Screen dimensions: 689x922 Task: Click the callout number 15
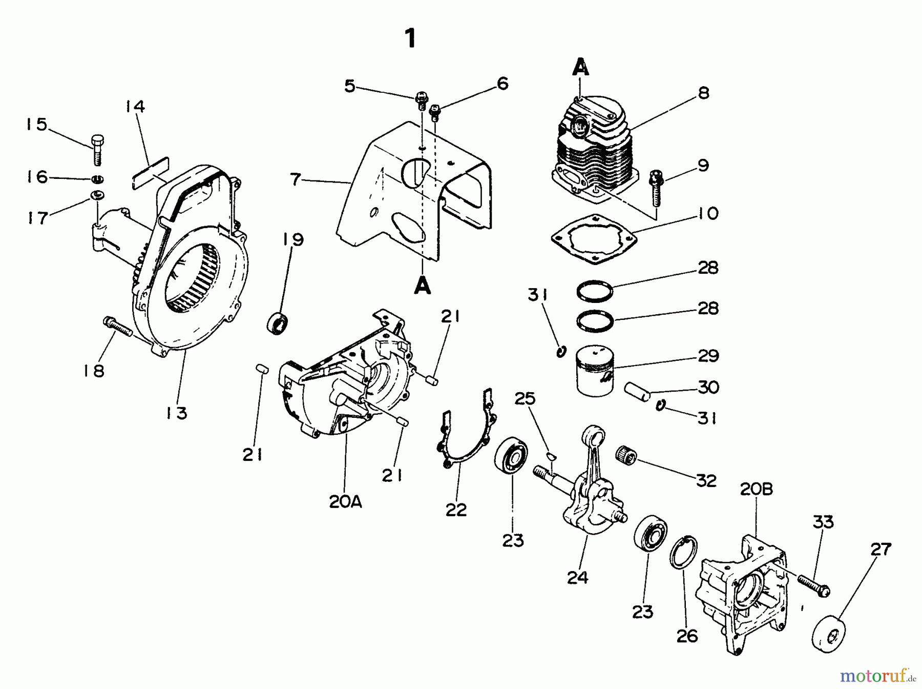pyautogui.click(x=36, y=125)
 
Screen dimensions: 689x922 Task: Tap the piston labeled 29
pyautogui.click(x=594, y=371)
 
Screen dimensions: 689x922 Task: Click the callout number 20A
pyautogui.click(x=345, y=501)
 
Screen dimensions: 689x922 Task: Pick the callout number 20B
pyautogui.click(x=756, y=489)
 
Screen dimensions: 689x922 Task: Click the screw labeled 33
pyautogui.click(x=813, y=584)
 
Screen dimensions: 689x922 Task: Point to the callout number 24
pyautogui.click(x=577, y=578)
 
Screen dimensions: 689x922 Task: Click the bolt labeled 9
pyautogui.click(x=656, y=188)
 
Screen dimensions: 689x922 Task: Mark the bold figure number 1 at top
pyautogui.click(x=410, y=38)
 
